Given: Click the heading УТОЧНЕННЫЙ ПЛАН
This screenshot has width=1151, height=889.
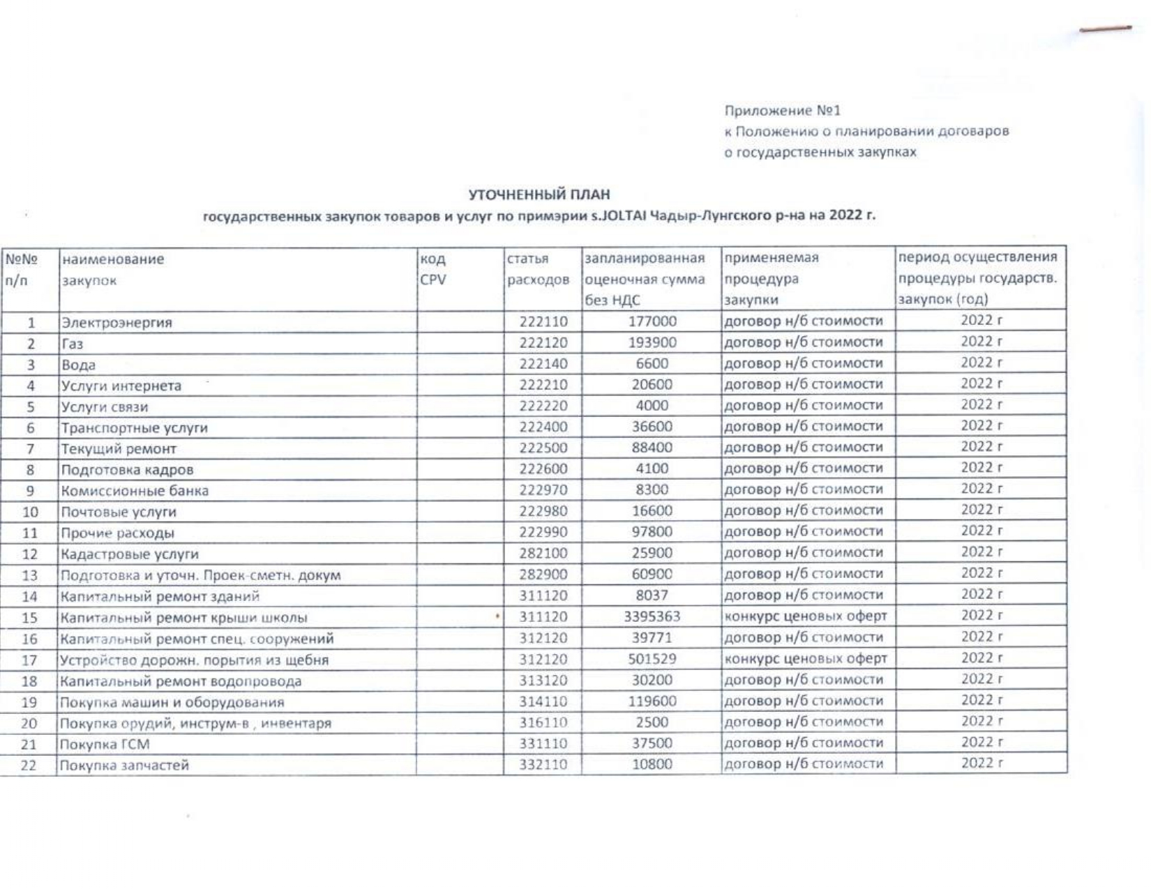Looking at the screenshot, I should point(539,195).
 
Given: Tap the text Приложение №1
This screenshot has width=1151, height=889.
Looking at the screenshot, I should point(782,111).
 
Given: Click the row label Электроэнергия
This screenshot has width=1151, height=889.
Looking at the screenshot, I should point(116,323).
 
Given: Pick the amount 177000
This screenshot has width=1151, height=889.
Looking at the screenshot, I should point(652,321).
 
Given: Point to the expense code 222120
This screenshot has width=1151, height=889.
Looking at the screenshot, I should point(543,343).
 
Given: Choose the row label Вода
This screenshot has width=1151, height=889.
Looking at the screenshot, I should point(78,365).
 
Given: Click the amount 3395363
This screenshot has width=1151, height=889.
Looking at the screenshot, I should point(652,616).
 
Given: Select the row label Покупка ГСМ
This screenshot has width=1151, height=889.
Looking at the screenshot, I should point(105,745).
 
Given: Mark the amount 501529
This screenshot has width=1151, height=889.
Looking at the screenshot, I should point(652,659).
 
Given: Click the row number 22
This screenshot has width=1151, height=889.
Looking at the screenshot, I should point(29,766).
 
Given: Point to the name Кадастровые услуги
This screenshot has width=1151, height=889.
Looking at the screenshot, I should point(129,554).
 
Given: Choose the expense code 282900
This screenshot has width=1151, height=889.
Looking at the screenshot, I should point(543,575).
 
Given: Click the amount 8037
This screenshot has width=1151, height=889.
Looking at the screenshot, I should point(652,595).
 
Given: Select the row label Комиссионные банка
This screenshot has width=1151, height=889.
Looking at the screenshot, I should point(135,491).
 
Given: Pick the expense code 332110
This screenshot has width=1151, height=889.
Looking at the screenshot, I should point(543,765).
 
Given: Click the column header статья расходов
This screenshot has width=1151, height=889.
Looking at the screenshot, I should point(538,270).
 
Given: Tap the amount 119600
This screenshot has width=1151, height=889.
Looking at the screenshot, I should point(652,701).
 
